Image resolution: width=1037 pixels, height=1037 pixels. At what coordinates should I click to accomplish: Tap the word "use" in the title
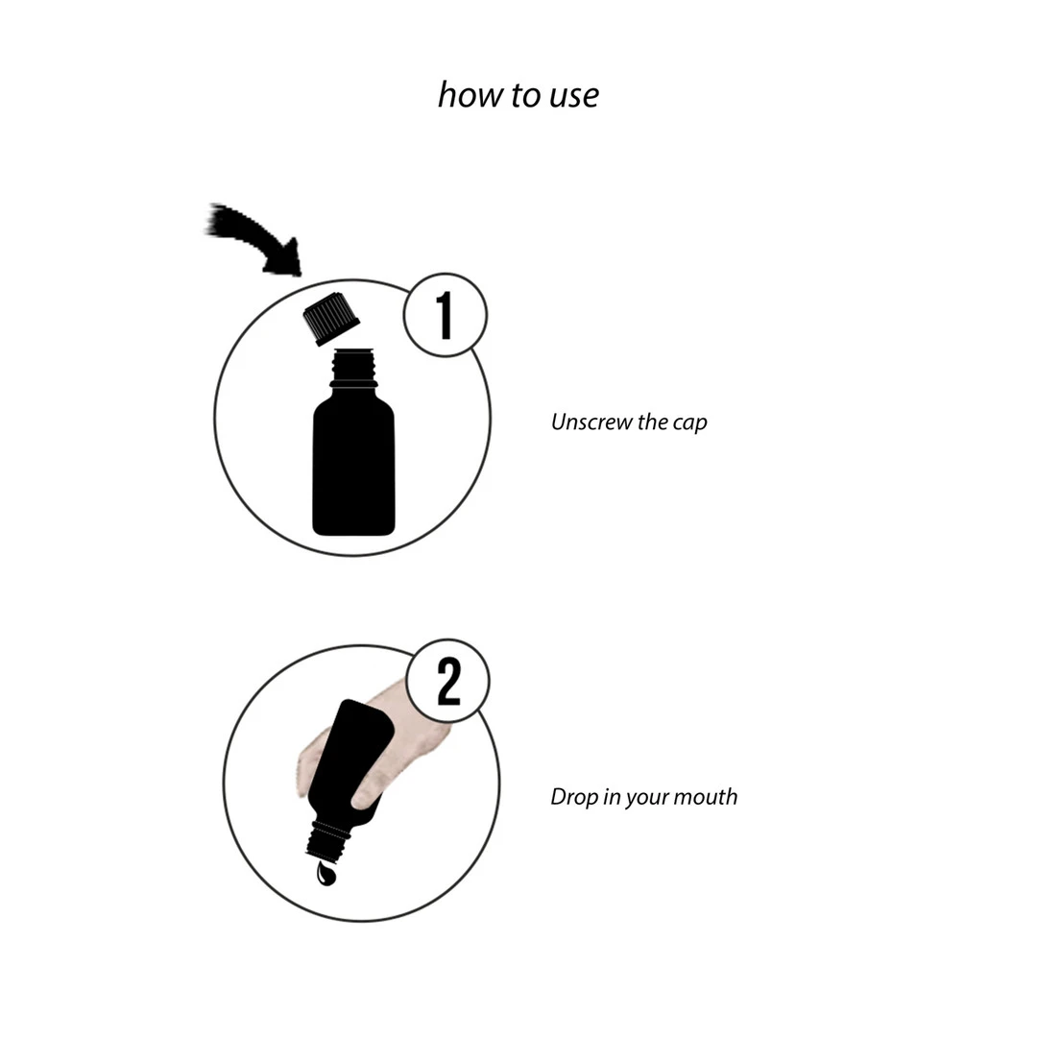click(x=574, y=97)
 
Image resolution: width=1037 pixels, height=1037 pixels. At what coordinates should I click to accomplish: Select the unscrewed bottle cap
click(x=330, y=318)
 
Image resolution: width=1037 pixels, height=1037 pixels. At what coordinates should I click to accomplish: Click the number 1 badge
click(x=446, y=315)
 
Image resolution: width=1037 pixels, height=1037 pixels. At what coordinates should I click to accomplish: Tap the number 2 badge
click(x=447, y=681)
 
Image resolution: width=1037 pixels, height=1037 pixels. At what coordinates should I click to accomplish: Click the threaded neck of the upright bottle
click(x=353, y=368)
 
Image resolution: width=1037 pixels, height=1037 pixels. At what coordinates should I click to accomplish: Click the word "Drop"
click(x=574, y=797)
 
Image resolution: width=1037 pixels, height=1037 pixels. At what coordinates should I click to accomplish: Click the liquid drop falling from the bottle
click(x=326, y=873)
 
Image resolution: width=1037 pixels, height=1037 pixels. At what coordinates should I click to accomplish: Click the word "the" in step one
click(x=653, y=422)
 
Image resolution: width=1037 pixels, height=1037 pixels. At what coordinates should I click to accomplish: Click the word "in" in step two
click(x=612, y=797)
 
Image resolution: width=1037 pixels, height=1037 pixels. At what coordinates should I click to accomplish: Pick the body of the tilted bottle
click(x=350, y=760)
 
